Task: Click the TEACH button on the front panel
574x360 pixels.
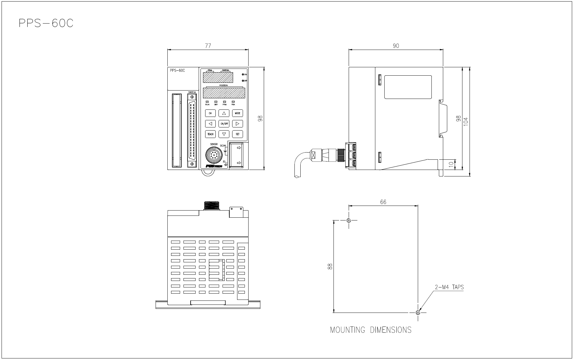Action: [x=210, y=134]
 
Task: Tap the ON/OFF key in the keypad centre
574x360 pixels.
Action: [x=224, y=124]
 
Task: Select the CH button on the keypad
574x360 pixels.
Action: [x=210, y=113]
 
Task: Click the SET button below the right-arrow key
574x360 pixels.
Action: [x=237, y=134]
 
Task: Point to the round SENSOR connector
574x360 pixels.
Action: [x=213, y=155]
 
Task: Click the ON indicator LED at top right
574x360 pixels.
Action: [x=243, y=75]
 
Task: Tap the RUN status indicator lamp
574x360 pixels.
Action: [x=207, y=102]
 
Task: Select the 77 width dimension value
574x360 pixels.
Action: [x=208, y=46]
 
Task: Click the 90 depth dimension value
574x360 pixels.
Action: [x=396, y=46]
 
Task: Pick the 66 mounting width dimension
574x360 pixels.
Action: [x=383, y=202]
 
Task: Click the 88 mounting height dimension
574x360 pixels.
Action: [x=330, y=266]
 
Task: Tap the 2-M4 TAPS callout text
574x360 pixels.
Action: [x=449, y=287]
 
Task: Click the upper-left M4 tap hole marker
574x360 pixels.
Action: [x=349, y=220]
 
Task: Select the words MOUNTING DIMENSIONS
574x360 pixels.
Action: [x=371, y=330]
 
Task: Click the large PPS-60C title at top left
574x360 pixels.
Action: [x=46, y=24]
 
